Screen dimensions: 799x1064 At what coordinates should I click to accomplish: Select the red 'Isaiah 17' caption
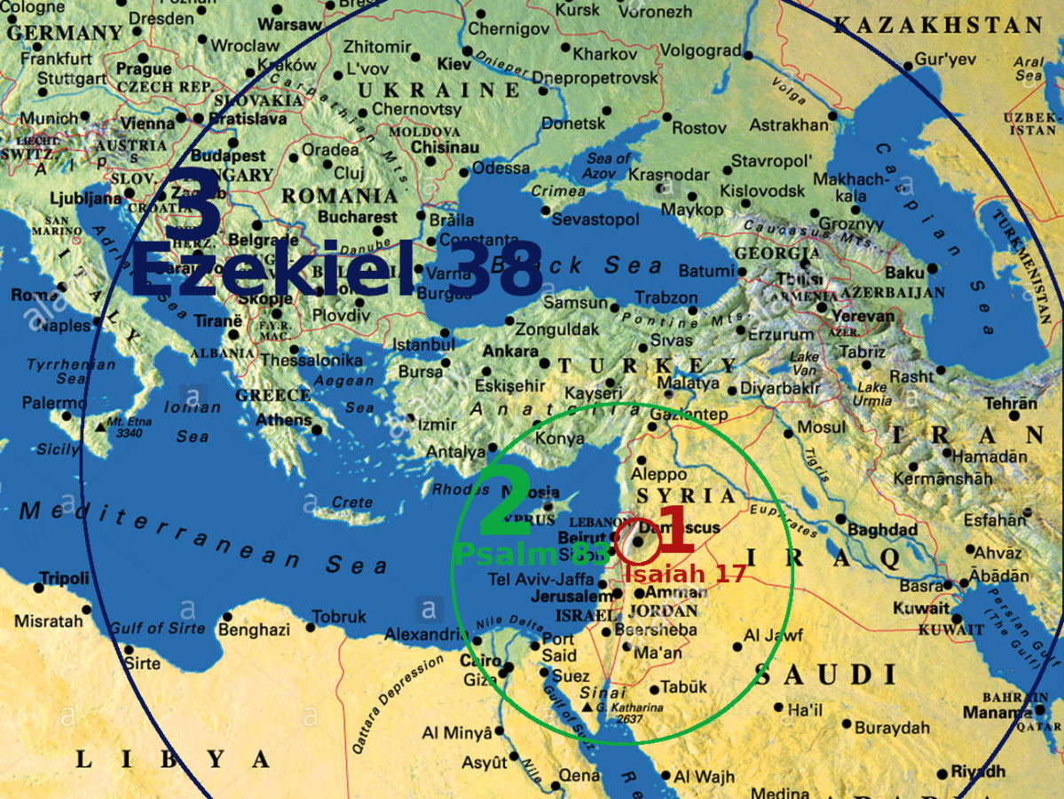click(x=684, y=574)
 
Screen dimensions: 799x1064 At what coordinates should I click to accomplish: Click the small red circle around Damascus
click(x=640, y=544)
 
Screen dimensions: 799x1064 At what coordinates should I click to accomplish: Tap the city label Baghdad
click(x=881, y=530)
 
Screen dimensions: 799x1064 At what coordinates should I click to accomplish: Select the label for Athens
click(x=284, y=420)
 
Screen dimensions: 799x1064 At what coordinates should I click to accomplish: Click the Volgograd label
click(x=700, y=51)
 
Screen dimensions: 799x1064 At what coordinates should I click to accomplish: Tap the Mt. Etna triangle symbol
click(x=102, y=427)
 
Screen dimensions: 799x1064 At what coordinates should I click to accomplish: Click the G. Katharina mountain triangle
click(x=587, y=707)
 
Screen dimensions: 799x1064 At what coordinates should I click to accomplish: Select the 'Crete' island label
click(x=351, y=503)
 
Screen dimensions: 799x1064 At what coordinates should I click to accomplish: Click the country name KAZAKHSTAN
click(x=937, y=25)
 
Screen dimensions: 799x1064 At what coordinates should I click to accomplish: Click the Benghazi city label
click(x=254, y=630)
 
